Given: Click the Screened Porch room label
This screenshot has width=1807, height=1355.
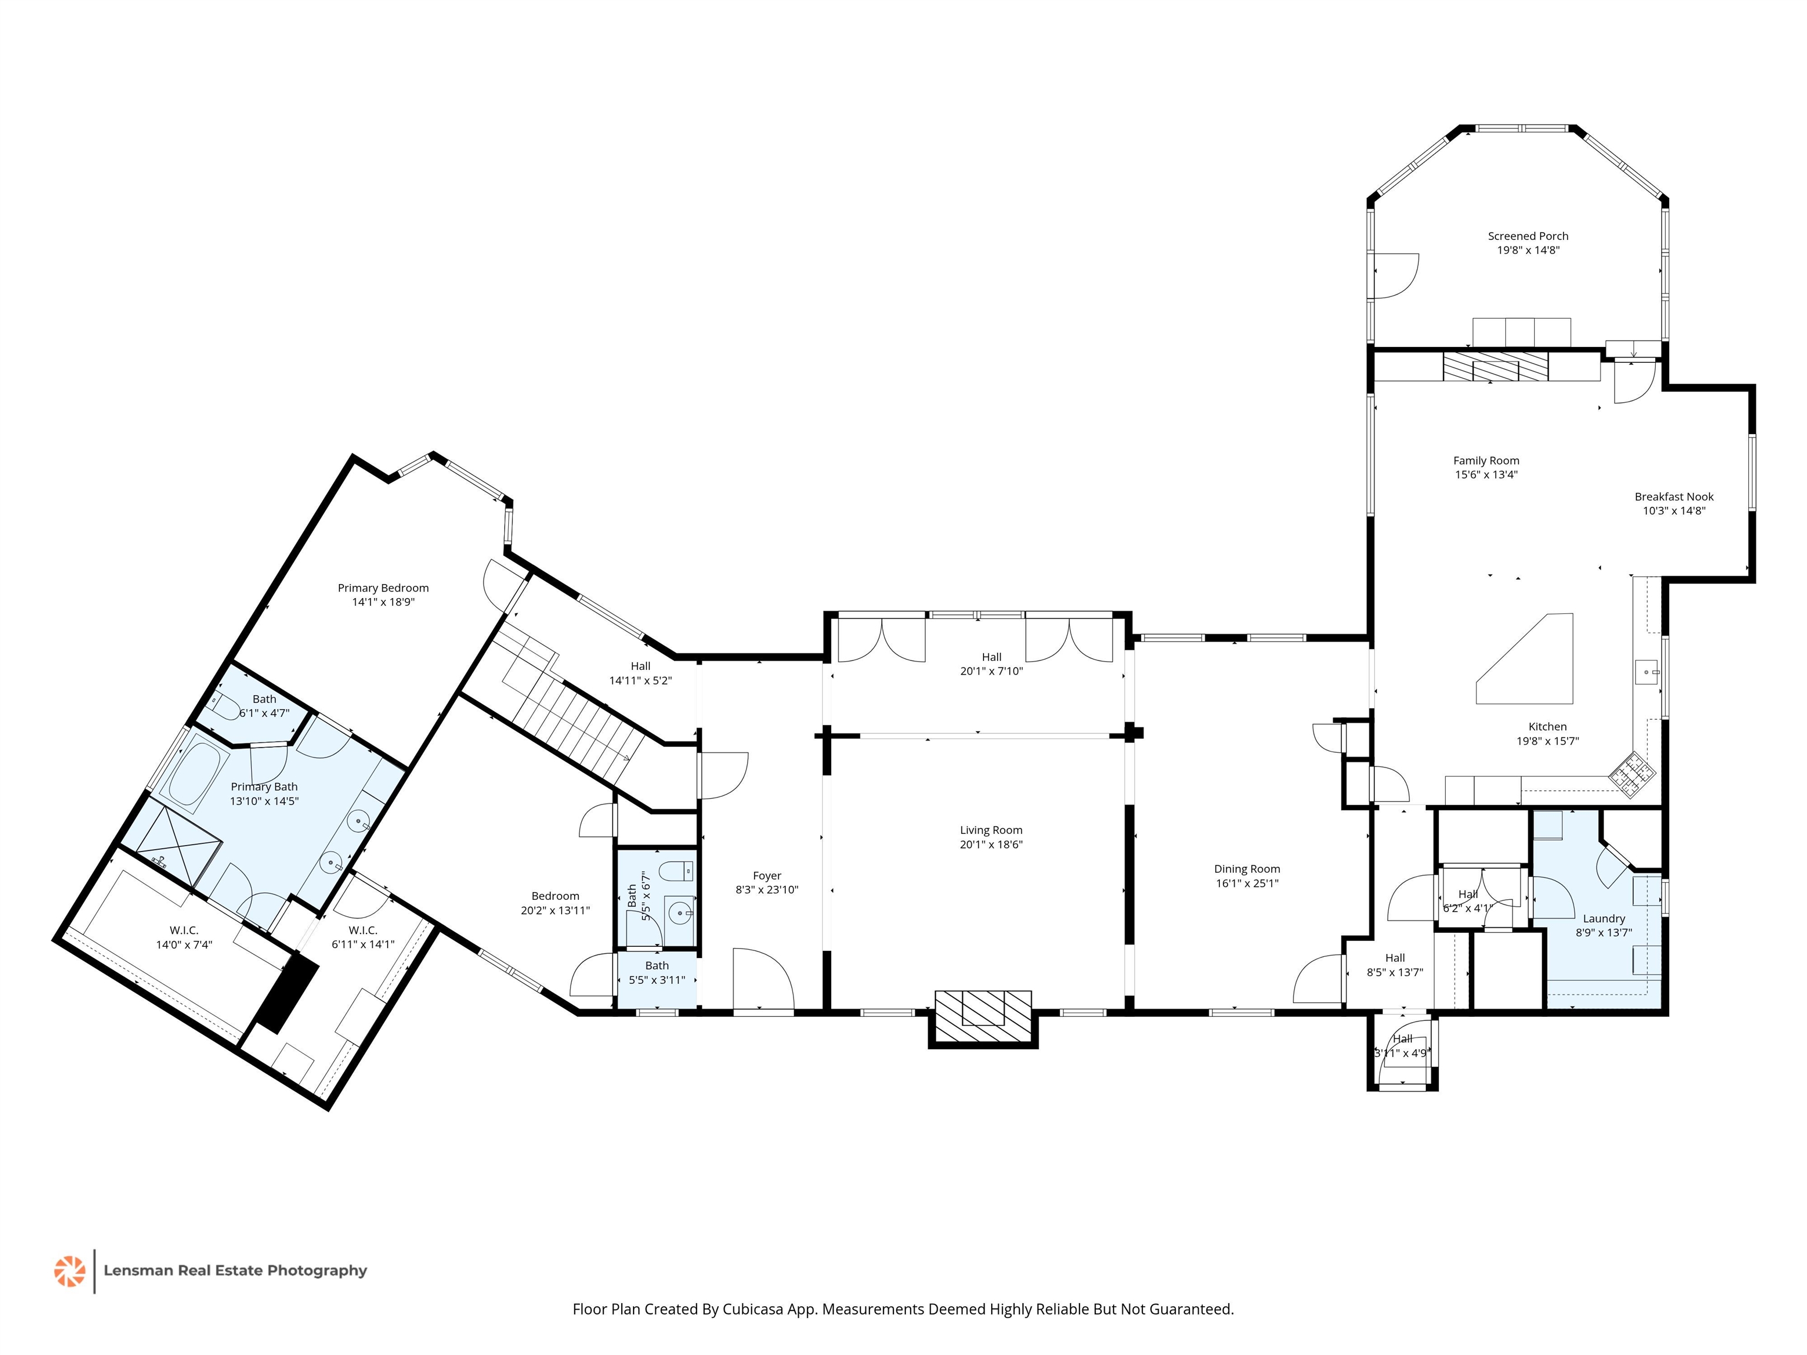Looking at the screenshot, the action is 1528,236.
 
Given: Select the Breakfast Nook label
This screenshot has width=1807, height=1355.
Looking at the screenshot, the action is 1674,496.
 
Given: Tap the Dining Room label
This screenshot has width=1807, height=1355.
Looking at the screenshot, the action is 1246,869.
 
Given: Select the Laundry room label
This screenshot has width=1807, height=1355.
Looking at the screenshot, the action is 1603,919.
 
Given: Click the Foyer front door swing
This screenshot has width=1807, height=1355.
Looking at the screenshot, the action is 763,979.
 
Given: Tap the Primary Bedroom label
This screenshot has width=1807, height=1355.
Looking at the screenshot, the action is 383,588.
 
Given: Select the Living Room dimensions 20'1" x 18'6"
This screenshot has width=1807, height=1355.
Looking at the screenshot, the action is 991,845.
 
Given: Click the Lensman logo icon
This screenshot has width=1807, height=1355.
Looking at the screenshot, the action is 69,1271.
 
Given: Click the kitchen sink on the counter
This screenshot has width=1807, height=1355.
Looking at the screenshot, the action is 1646,674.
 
